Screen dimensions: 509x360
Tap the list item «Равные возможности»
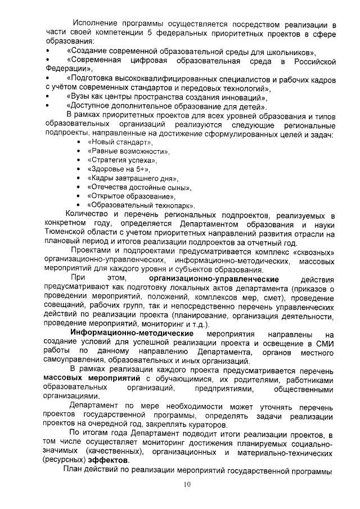pyautogui.click(x=128, y=152)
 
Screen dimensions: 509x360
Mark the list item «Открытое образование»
pyautogui.click(x=129, y=196)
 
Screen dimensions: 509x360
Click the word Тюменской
pyautogui.click(x=65, y=233)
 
